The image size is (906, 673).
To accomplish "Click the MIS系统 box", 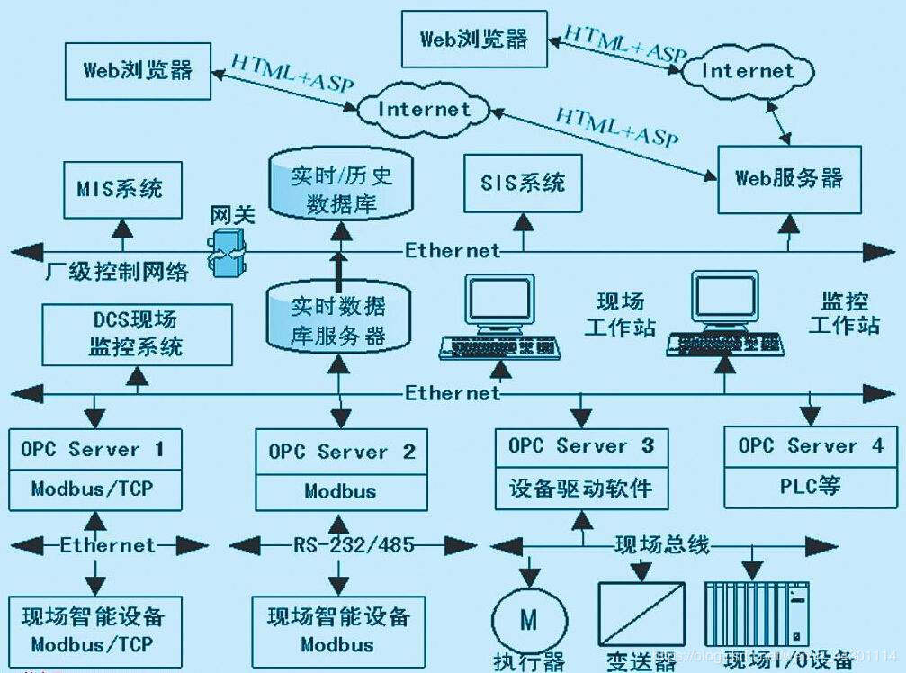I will point(120,189).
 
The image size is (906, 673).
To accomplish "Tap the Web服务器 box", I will point(789,177).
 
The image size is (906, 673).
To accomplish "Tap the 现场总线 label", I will point(661,544).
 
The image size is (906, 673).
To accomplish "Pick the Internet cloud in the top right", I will point(748,71).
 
